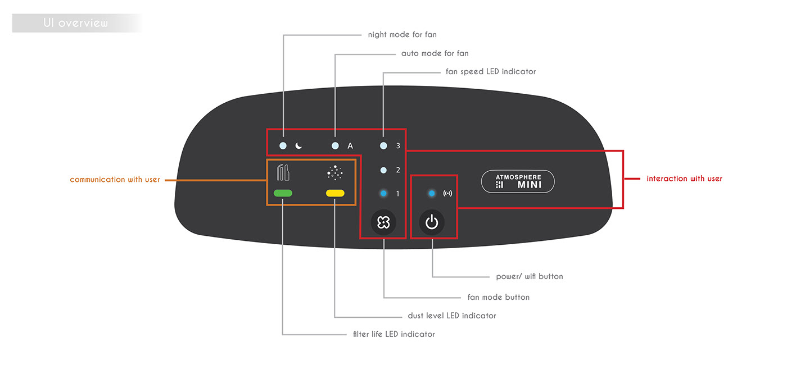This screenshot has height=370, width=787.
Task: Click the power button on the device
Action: point(432,222)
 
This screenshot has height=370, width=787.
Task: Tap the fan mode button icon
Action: point(383,222)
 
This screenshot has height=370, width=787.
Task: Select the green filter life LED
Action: point(283,193)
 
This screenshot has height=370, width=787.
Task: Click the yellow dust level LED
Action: point(335,193)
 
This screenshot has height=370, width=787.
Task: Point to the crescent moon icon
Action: point(299,146)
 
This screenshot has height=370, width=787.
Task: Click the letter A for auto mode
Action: point(350,146)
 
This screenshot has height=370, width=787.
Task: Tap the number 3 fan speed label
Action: point(398,146)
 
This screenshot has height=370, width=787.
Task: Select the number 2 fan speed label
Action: point(398,170)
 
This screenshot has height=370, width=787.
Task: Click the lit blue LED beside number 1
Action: point(383,194)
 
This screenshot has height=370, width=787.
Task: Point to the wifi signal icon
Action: point(447,194)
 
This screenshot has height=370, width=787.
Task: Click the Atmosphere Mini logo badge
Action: point(518,181)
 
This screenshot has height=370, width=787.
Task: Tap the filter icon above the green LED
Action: point(283,172)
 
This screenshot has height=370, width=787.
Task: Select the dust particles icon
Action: point(335,173)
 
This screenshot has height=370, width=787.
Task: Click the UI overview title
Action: point(75,23)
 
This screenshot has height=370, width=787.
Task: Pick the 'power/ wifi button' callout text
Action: point(529,277)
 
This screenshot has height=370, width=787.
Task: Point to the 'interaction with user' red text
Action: point(684,179)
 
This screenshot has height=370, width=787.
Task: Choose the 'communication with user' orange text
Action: point(115,180)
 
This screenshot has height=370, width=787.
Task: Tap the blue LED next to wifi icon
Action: point(432,194)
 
